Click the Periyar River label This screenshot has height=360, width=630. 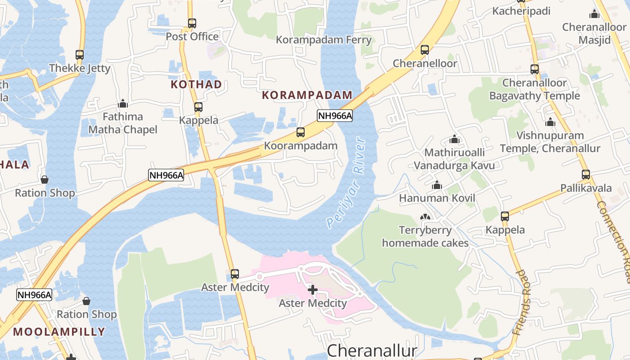click(347, 182)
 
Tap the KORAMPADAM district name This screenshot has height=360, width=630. click(307, 95)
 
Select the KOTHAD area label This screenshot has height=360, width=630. click(196, 84)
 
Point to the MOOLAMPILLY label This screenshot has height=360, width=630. click(59, 332)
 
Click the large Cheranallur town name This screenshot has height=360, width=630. click(372, 351)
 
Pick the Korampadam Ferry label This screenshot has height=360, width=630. click(324, 40)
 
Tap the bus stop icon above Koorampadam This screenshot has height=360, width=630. click(301, 132)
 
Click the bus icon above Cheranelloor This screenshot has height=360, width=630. click(425, 50)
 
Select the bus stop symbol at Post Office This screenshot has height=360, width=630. click(192, 23)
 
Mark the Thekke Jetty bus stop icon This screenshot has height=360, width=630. click(80, 55)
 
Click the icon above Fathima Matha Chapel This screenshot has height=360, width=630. click(123, 104)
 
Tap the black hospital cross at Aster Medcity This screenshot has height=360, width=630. click(313, 290)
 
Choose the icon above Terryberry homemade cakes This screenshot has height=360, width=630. click(425, 217)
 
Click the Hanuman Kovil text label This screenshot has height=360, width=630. click(437, 198)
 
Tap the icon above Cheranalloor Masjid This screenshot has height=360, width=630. click(594, 14)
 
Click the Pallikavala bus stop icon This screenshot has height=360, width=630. click(586, 175)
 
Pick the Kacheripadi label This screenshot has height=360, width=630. click(521, 11)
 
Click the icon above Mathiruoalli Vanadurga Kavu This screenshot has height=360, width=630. click(454, 139)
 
